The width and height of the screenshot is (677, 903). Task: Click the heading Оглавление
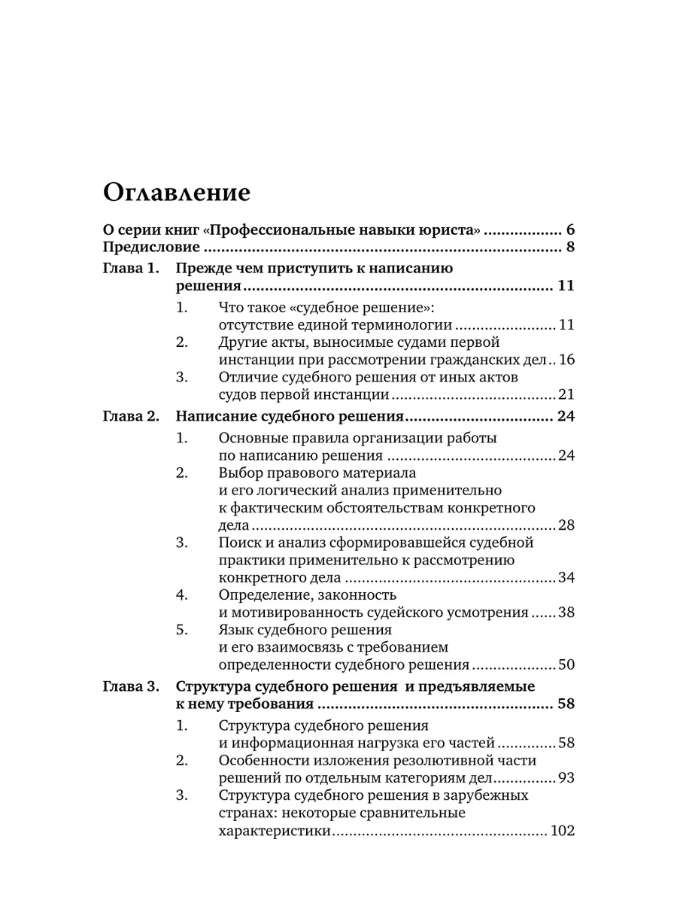coord(176,193)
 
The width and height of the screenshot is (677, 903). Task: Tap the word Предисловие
coord(150,248)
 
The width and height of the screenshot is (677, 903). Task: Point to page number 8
coord(570,248)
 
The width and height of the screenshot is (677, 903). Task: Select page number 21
coord(566,394)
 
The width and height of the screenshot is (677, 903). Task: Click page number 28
coord(566,525)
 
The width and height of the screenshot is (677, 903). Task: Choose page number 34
coord(566,577)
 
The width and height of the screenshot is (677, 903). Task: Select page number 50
coord(566,664)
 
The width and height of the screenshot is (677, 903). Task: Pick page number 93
coord(566,777)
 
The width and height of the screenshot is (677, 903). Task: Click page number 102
coord(563,831)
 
